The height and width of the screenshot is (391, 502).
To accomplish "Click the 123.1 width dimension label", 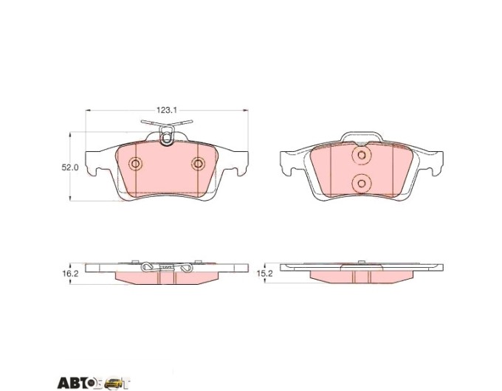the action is click(167, 111).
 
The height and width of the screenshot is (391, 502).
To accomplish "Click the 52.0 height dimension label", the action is click(70, 167).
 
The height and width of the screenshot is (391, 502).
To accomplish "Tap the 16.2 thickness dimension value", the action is click(70, 274).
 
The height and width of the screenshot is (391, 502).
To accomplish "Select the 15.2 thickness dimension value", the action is click(264, 274).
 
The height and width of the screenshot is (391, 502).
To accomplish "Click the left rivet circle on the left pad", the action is click(135, 164).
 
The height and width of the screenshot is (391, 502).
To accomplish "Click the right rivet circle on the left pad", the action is click(199, 164).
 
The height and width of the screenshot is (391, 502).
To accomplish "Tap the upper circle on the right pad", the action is click(362, 156).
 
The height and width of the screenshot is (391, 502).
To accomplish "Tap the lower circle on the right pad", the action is click(362, 184).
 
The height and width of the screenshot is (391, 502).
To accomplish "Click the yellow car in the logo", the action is click(114, 382).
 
